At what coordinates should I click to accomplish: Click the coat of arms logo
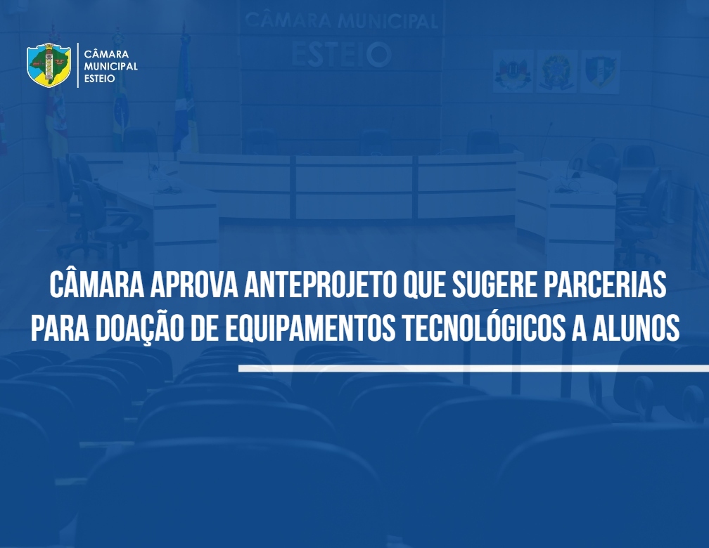coord(49,65)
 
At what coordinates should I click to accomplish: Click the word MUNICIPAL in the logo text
coord(111,67)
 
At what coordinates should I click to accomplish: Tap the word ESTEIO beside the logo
coord(99,79)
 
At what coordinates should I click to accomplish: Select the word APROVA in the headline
coord(194,285)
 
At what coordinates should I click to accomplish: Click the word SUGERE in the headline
coord(494,285)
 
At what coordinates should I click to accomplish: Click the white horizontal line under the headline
coord(473,369)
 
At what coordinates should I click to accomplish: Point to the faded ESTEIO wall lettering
coord(341,54)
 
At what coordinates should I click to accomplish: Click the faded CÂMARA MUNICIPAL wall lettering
coord(341,21)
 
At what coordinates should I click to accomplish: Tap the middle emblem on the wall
coord(557,72)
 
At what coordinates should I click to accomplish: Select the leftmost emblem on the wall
coord(513,72)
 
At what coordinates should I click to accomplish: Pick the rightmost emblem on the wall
coord(600,72)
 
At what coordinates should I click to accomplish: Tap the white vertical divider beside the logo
coord(78,65)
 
